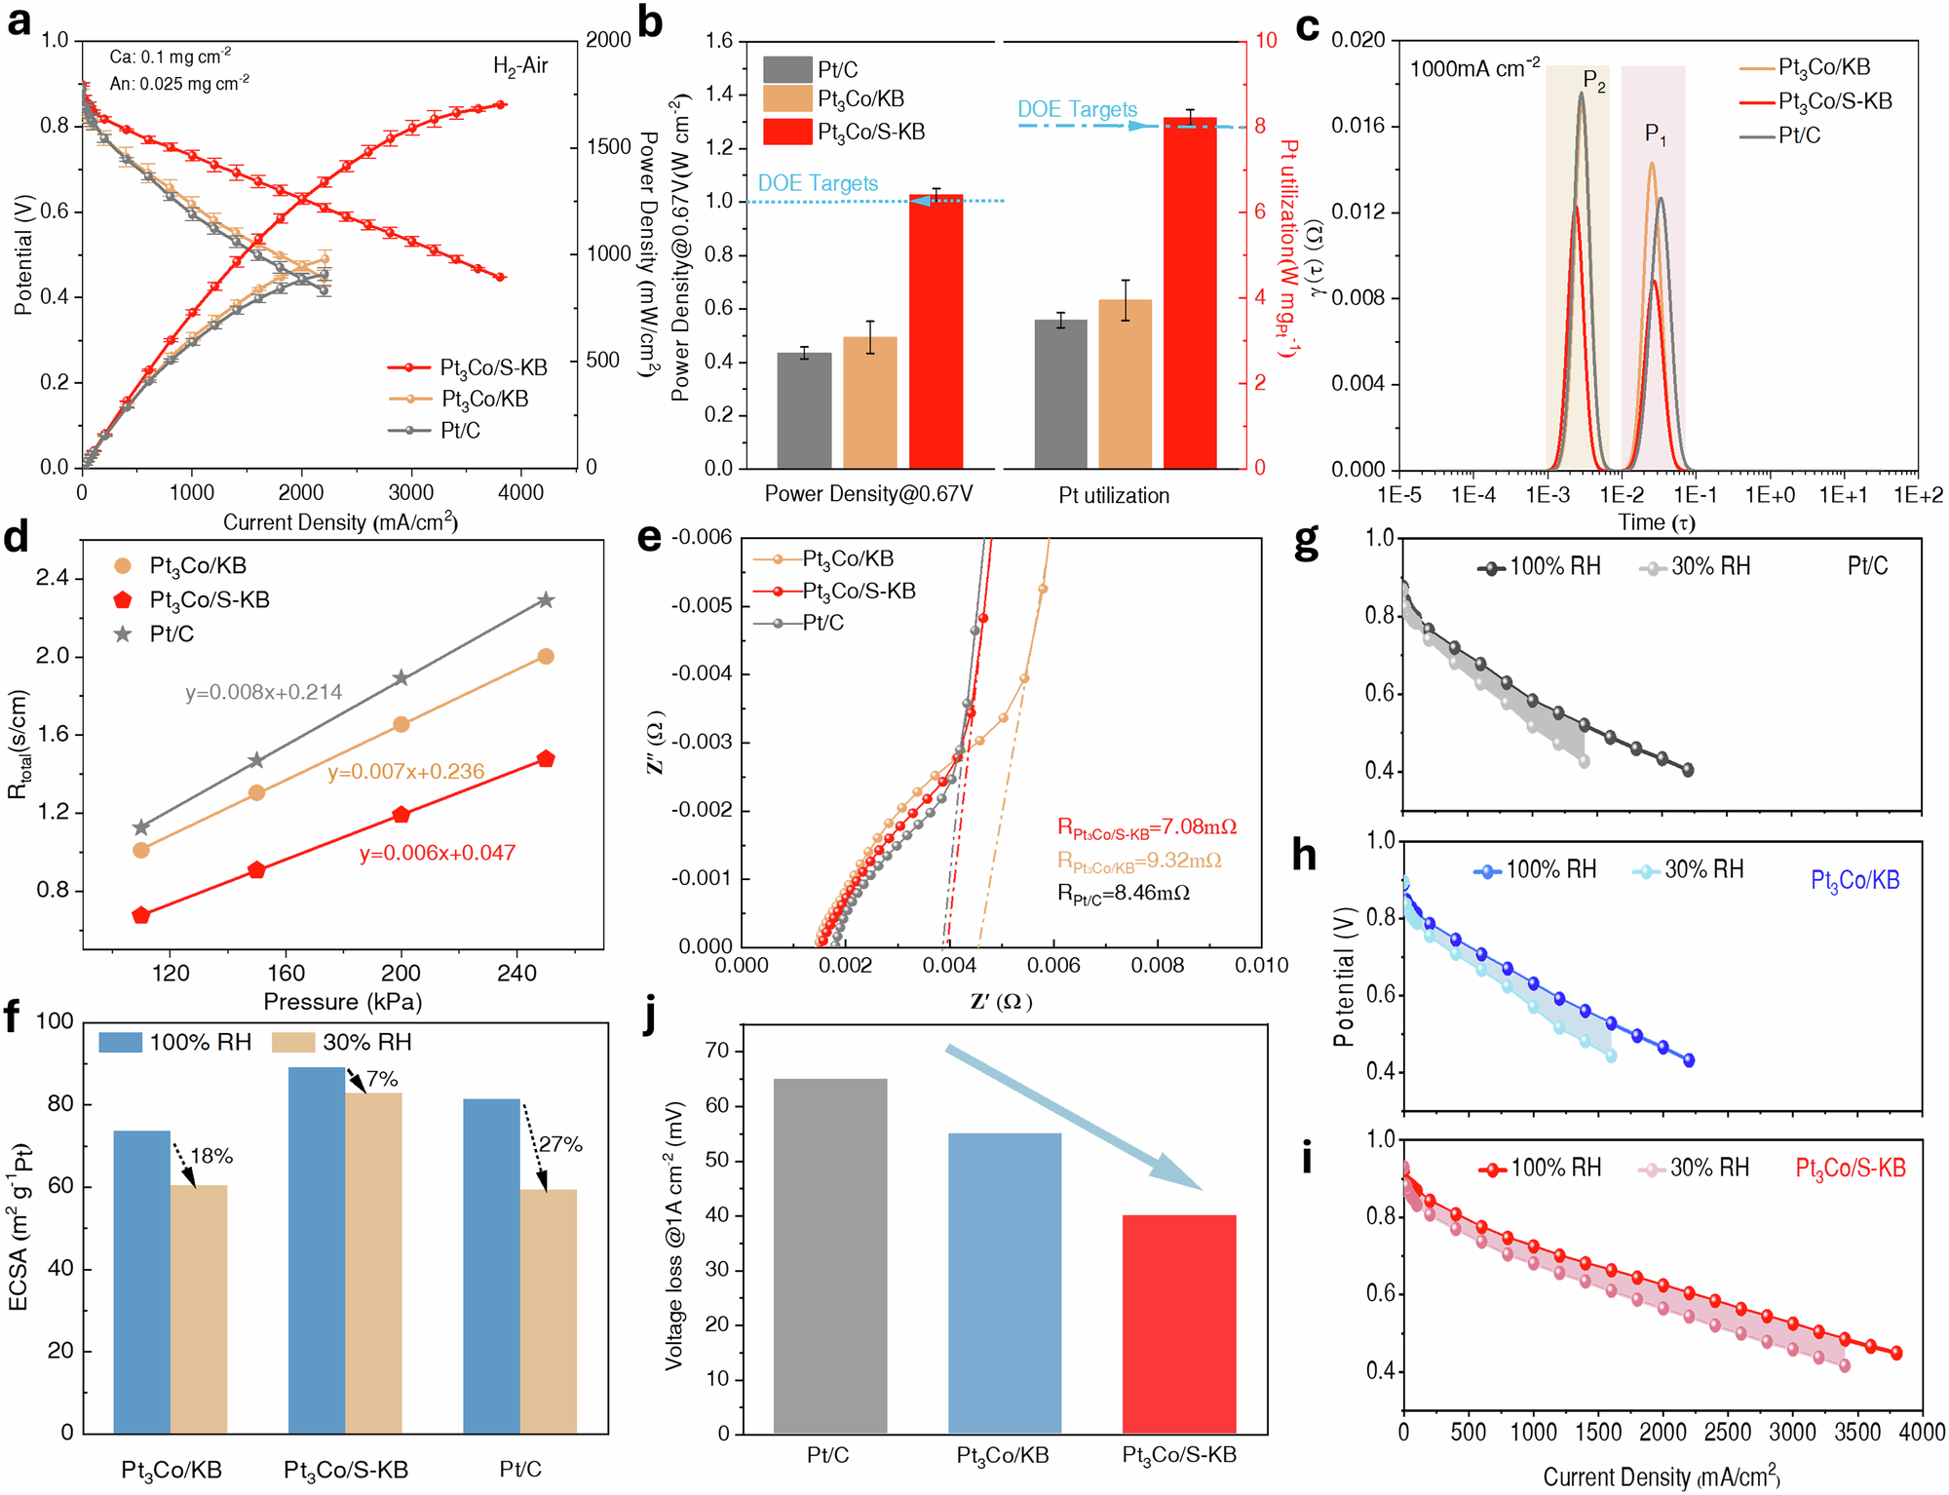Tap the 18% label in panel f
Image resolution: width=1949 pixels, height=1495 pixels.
(x=211, y=1156)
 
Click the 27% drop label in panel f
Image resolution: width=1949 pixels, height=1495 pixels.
(x=561, y=1144)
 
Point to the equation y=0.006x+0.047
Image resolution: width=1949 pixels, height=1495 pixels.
(x=438, y=853)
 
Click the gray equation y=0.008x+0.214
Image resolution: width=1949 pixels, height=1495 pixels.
(x=264, y=692)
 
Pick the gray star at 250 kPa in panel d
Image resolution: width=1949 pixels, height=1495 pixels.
(x=546, y=600)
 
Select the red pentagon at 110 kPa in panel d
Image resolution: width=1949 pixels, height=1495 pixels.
(x=141, y=915)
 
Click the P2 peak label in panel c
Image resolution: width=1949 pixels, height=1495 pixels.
(x=1594, y=82)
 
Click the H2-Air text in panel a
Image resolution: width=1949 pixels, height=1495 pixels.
(x=520, y=66)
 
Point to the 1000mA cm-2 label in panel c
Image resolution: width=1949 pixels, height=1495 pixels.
(x=1475, y=68)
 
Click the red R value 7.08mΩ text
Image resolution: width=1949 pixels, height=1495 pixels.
(x=1147, y=827)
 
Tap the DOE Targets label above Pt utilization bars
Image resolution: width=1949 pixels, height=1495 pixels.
(x=1077, y=109)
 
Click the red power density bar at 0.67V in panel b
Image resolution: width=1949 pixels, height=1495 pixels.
(x=936, y=331)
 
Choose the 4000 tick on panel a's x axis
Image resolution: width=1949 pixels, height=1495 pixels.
(x=520, y=492)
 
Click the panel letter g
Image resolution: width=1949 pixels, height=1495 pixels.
(x=1306, y=542)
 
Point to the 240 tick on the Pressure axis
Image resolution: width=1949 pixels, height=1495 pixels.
(x=516, y=973)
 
